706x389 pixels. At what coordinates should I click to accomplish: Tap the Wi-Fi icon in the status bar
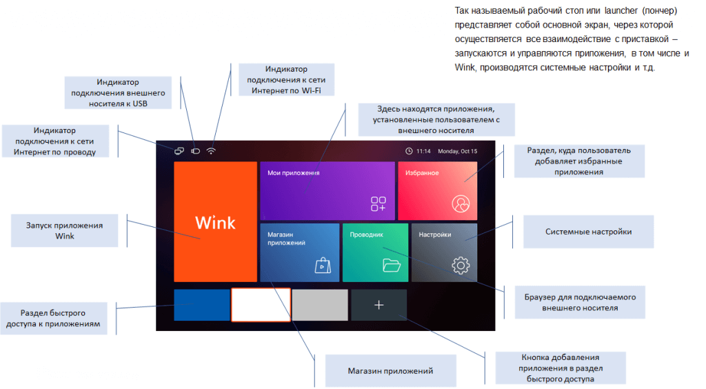211,151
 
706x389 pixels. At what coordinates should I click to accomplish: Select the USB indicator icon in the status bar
195,151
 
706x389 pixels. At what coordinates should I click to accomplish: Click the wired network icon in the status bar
179,151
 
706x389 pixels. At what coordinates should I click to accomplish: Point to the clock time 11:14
423,151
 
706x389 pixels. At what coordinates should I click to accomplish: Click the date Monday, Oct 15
457,151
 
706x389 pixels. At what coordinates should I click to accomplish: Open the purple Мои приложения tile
327,191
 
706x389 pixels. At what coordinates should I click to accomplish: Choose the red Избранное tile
437,191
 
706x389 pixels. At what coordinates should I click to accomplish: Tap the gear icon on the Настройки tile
460,265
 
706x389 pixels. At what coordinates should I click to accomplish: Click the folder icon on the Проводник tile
392,265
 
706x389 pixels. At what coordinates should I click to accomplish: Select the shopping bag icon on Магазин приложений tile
322,266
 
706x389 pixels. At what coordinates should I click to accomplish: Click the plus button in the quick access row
379,305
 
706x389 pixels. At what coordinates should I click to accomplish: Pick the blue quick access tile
201,305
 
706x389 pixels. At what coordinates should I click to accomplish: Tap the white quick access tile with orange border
260,305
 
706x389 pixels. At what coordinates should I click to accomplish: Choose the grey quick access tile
319,305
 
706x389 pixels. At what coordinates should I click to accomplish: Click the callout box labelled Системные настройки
588,232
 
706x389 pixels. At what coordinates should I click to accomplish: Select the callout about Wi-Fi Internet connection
287,80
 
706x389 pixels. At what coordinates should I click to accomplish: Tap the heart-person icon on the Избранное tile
460,203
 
